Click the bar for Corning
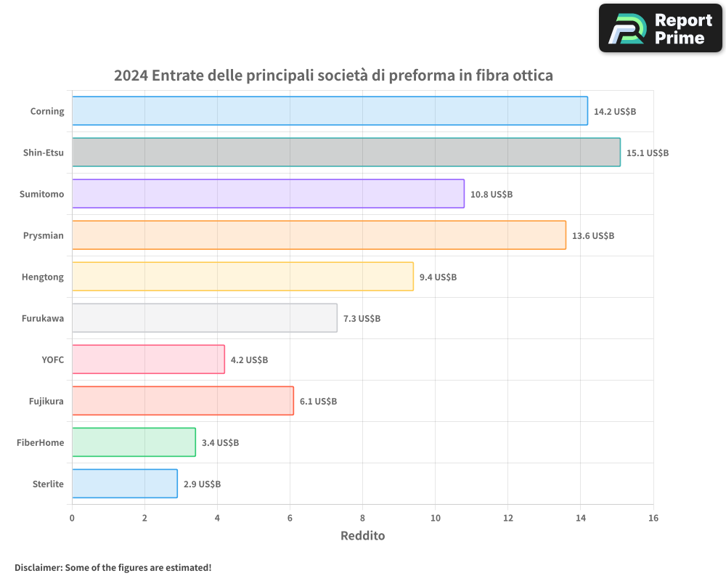coord(330,111)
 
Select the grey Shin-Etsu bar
coord(346,153)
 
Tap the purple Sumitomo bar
coord(268,194)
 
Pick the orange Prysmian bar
coord(319,235)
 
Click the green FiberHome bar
coord(134,442)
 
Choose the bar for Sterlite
coord(125,484)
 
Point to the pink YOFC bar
coord(148,359)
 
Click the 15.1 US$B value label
coord(648,153)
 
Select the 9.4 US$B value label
coord(438,277)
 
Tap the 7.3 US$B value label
coord(362,319)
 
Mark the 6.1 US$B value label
coord(318,402)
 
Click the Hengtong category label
coord(43,277)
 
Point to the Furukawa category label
coord(43,318)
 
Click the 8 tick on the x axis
coord(362,518)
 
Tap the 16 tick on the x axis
coord(653,518)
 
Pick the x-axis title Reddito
coord(362,536)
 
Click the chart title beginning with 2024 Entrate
coord(333,76)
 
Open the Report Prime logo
coord(660,28)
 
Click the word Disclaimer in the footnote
coord(38,567)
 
